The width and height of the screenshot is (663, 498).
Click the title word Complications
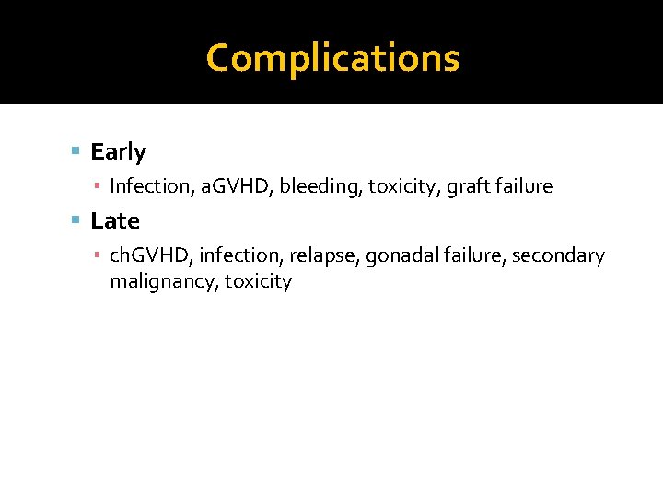(332, 58)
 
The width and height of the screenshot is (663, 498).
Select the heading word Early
(118, 152)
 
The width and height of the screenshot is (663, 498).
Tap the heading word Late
(115, 221)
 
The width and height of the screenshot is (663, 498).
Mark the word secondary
(558, 255)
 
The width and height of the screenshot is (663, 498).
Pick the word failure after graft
(525, 186)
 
